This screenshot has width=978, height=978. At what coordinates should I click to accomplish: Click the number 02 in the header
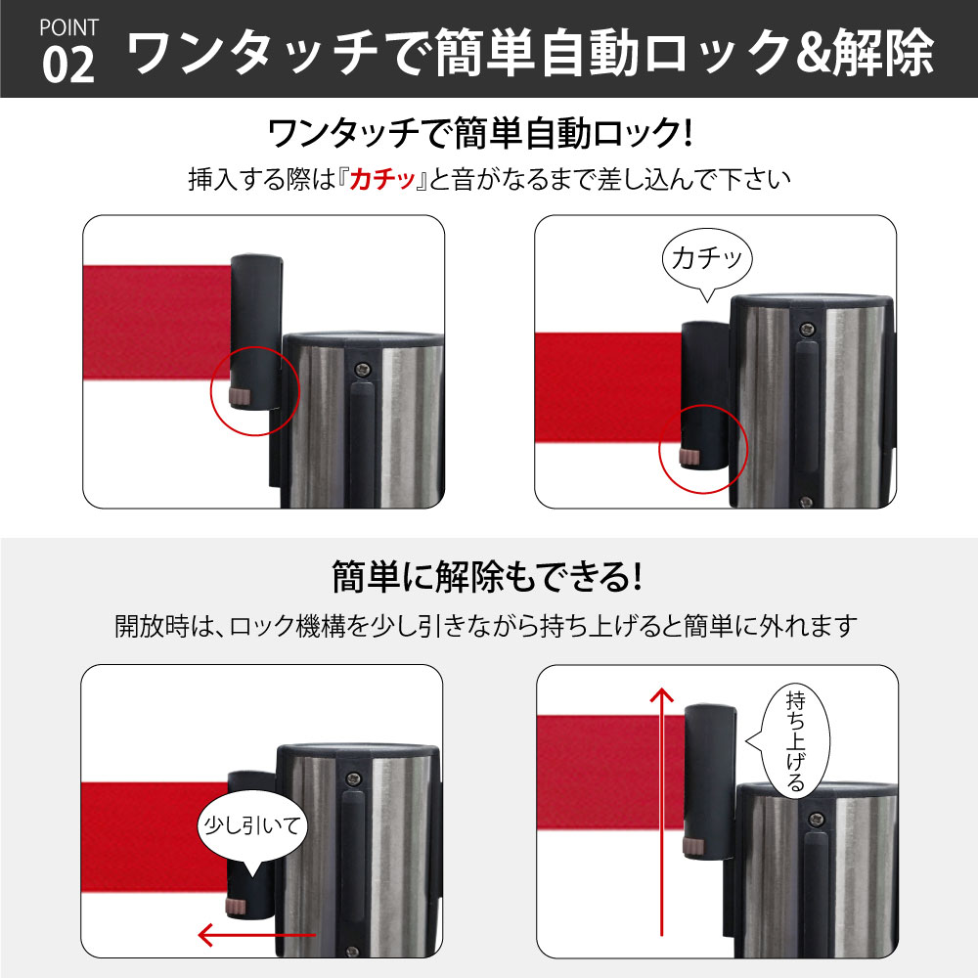coord(68,65)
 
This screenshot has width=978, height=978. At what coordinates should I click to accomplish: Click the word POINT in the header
coord(68,27)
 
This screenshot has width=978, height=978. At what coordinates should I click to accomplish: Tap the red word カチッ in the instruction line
coord(382,180)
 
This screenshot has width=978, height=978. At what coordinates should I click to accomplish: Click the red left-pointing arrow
coord(256,934)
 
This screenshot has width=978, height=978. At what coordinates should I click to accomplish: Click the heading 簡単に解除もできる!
coord(486,576)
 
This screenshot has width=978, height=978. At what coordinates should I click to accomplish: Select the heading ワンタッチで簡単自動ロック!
coord(479,133)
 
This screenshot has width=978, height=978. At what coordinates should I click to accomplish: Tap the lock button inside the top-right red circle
coord(689,457)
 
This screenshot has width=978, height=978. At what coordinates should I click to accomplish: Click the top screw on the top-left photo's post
coord(363,370)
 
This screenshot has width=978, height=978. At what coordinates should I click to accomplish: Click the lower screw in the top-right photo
coord(806,501)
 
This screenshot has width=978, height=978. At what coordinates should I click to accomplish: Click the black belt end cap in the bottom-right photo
coord(709,783)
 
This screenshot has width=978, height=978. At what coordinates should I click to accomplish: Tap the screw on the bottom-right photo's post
coord(818,819)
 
